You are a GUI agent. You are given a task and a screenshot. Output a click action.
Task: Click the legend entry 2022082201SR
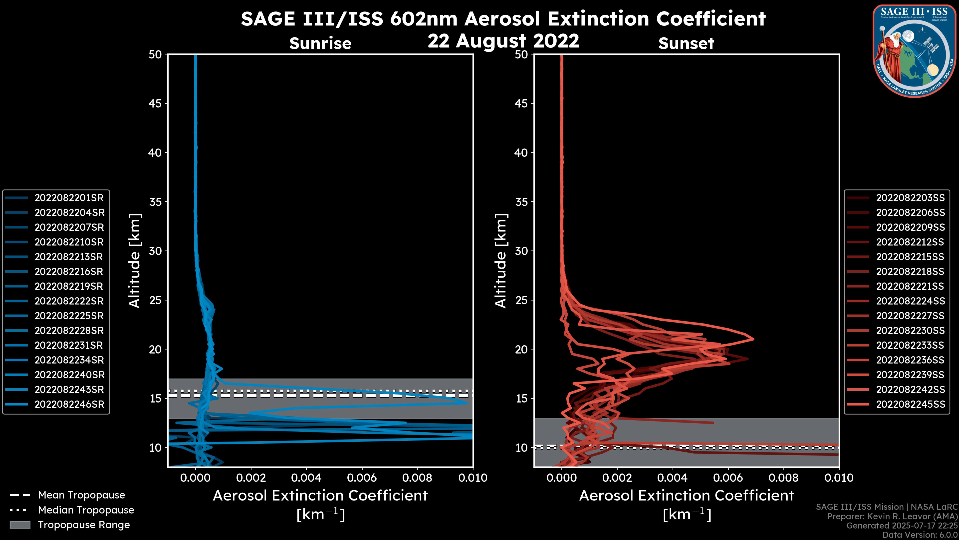[x=69, y=198]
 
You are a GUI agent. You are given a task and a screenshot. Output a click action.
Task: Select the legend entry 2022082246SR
[x=69, y=404]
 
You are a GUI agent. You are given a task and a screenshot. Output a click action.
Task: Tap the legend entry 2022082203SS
[x=910, y=198]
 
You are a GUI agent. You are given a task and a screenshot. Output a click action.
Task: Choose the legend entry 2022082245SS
[x=910, y=404]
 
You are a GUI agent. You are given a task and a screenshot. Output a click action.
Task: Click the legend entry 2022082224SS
[x=910, y=301]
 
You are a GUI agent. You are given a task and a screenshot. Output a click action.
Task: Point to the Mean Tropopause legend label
[x=81, y=495]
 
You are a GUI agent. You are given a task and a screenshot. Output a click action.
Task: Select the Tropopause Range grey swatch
[x=20, y=525]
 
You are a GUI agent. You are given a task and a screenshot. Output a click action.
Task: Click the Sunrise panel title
[x=320, y=43]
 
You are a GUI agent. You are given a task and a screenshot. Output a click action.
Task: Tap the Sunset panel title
[x=686, y=43]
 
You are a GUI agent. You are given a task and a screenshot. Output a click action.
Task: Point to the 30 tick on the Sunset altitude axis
[x=521, y=251]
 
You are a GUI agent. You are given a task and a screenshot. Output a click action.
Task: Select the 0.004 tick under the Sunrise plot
[x=306, y=478]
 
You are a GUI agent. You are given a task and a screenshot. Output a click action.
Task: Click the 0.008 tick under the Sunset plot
[x=784, y=478]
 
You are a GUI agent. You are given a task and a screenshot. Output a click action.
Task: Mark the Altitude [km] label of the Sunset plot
[x=501, y=261]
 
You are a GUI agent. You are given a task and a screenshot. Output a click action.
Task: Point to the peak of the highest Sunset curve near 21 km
[x=753, y=339]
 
